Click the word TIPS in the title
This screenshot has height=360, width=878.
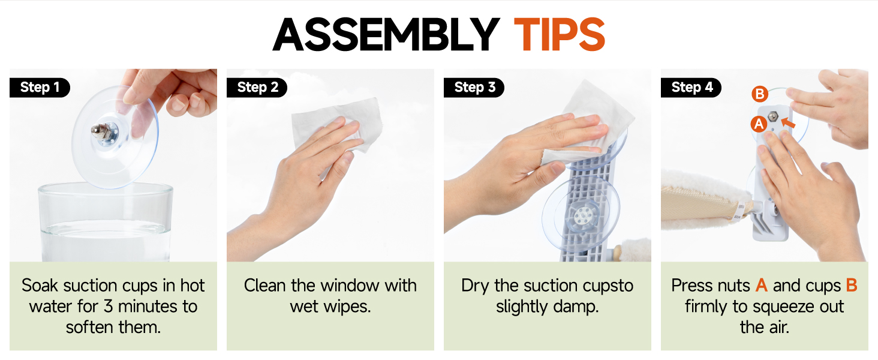coord(560,34)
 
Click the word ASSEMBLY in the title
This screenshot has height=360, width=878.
coord(386,34)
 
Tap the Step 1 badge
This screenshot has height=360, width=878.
coord(40,87)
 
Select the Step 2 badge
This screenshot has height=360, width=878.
coord(257,87)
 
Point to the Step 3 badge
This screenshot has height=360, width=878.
coord(474,87)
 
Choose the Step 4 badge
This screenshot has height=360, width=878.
coord(691,87)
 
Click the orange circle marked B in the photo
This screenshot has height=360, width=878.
coord(760,94)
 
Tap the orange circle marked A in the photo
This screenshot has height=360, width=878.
coord(759,124)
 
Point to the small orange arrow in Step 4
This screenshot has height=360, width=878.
coord(788,123)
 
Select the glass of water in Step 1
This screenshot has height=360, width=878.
coord(105,221)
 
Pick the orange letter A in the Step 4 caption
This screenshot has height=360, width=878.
coord(762,285)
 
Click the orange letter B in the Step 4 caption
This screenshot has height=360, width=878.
coord(852,285)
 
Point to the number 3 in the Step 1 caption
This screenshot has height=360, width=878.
coord(109,306)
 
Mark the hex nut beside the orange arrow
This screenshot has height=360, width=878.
coord(773,116)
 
